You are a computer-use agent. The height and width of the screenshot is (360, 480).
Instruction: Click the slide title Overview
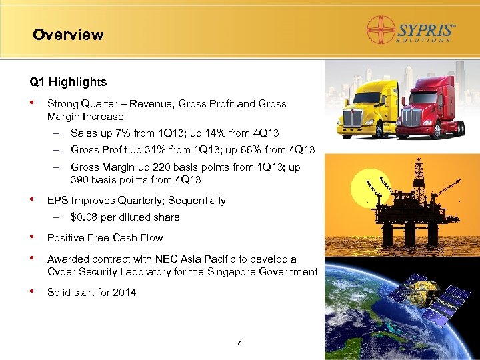tap(68, 35)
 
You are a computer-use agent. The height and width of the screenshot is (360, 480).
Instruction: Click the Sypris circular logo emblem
tap(382, 31)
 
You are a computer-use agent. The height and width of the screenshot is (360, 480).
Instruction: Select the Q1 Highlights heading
tap(68, 83)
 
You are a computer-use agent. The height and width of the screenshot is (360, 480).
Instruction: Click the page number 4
tap(240, 344)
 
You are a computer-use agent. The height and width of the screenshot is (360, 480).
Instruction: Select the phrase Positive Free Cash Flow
tap(105, 238)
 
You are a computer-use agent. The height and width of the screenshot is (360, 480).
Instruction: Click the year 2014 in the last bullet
tap(124, 292)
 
